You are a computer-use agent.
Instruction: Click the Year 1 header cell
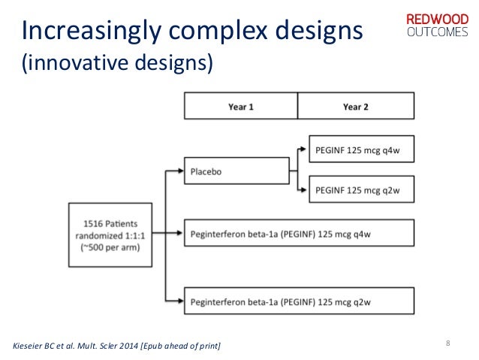[241, 107]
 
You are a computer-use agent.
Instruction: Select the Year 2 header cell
[355, 107]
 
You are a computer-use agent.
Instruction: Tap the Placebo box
[236, 171]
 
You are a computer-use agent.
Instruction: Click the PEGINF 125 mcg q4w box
[362, 150]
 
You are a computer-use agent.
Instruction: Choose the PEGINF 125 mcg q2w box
[362, 190]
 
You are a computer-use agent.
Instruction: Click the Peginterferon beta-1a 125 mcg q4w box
[300, 234]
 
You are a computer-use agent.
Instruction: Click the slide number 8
[447, 344]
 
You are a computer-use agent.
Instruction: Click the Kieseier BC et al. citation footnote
[118, 345]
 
